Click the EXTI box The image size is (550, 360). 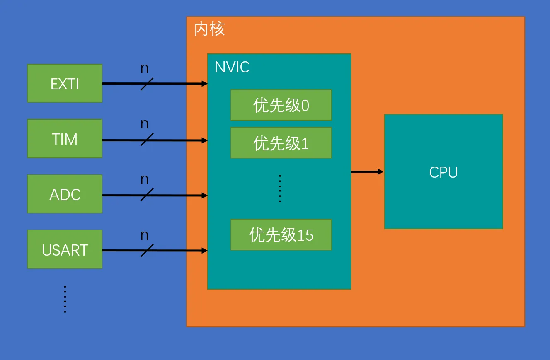click(x=65, y=83)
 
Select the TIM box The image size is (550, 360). click(x=65, y=139)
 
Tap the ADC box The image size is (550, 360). click(x=65, y=194)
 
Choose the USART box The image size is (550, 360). click(x=65, y=249)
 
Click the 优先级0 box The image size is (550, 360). click(x=281, y=105)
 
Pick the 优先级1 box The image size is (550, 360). click(x=281, y=143)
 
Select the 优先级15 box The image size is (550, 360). click(x=281, y=235)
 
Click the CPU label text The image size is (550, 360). click(x=443, y=172)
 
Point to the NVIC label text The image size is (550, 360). click(x=232, y=67)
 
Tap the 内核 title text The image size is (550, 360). click(x=209, y=29)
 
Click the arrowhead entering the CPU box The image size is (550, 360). click(x=381, y=172)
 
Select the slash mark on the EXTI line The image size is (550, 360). click(x=147, y=84)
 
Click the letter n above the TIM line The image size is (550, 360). click(x=144, y=124)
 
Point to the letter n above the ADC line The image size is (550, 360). click(x=144, y=180)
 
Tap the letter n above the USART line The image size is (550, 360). click(x=144, y=236)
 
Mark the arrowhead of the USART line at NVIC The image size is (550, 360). click(x=204, y=251)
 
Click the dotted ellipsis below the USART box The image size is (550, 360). click(x=65, y=299)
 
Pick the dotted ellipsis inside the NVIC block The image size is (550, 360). click(x=280, y=188)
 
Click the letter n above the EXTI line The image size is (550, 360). click(x=144, y=68)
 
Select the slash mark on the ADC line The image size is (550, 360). click(x=147, y=195)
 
